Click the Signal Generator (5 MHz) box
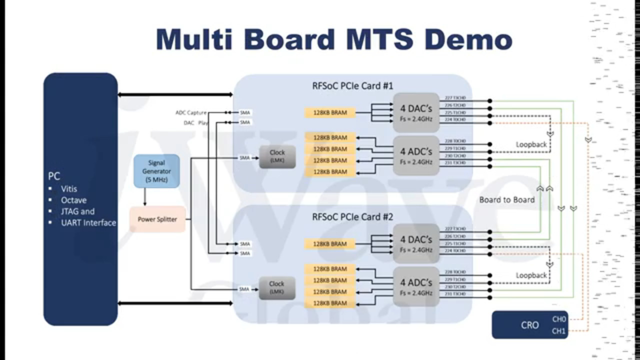click(x=156, y=171)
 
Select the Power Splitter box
click(x=157, y=219)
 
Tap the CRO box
click(x=530, y=325)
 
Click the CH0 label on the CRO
click(x=559, y=319)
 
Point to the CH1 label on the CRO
click(x=559, y=330)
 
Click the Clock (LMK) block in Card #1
click(x=277, y=156)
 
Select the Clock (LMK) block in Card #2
click(x=276, y=287)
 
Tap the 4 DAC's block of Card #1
click(x=416, y=112)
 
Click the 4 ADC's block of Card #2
click(x=416, y=287)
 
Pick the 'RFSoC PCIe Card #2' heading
click(x=352, y=217)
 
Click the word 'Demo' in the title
click(x=468, y=39)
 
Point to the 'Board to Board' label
click(x=506, y=199)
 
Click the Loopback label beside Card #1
click(x=531, y=144)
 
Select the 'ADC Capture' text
click(x=190, y=113)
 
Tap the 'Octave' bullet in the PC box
click(x=73, y=200)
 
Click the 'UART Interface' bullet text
click(x=88, y=222)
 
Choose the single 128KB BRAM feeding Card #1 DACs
click(x=329, y=112)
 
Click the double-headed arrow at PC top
click(x=175, y=94)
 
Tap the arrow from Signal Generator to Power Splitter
click(x=145, y=197)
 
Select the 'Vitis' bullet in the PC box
click(x=69, y=189)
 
